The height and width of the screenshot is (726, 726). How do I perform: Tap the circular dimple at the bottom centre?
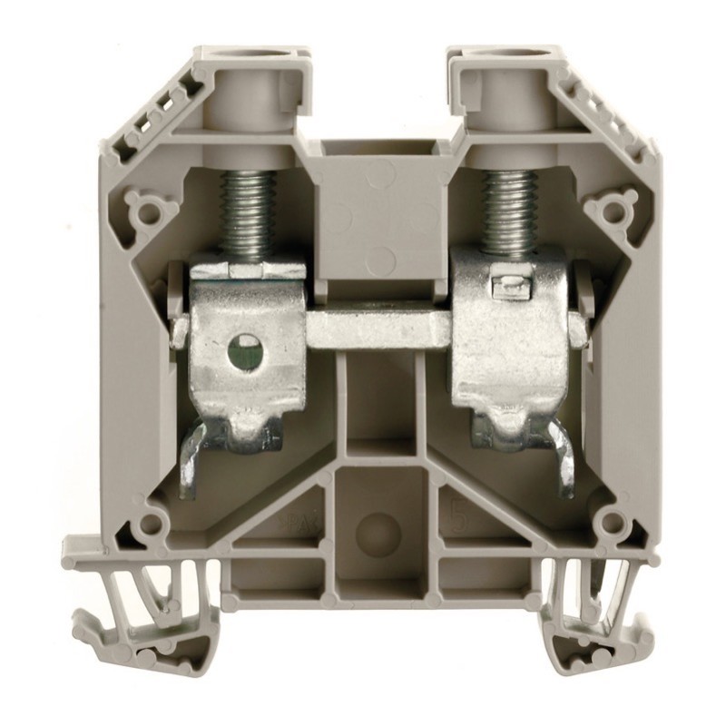click(x=377, y=532)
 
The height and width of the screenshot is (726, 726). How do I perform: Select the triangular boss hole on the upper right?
click(x=606, y=210)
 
